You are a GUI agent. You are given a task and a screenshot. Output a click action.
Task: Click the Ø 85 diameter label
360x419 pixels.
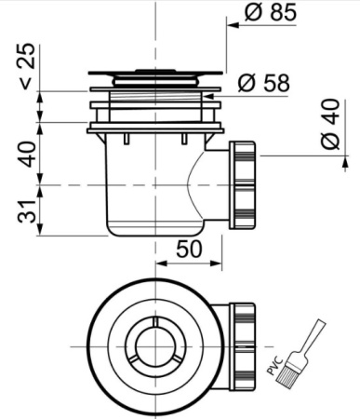click(271, 12)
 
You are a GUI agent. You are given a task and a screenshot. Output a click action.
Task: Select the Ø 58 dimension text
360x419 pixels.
click(264, 83)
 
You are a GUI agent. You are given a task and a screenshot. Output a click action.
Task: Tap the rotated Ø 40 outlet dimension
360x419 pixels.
click(330, 124)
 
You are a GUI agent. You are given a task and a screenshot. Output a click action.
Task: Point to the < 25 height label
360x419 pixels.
click(27, 66)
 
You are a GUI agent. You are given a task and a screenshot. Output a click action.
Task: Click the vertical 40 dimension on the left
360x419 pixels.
click(27, 155)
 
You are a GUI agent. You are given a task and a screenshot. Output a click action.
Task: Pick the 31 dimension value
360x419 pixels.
click(27, 211)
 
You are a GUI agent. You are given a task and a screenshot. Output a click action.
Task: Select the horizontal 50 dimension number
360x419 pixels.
click(189, 250)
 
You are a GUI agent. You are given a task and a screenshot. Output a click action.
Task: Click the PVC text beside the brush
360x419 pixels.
click(274, 367)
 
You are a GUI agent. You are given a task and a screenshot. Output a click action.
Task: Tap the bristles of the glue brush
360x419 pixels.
click(287, 372)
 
